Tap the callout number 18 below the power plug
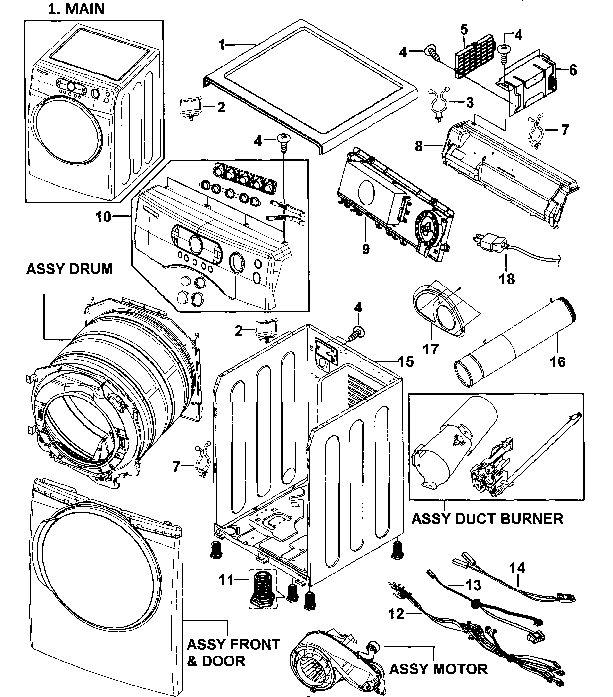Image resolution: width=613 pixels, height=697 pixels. click(x=506, y=279)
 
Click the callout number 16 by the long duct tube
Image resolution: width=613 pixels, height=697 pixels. click(x=557, y=362)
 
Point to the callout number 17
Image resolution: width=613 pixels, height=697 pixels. click(x=431, y=349)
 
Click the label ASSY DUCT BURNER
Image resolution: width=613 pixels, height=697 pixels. click(x=487, y=519)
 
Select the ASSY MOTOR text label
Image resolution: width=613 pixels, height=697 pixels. click(x=438, y=669)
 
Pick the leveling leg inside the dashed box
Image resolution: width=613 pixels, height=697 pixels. click(x=262, y=589)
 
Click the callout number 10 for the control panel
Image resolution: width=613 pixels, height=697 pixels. click(x=103, y=217)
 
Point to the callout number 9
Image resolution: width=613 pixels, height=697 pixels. click(x=365, y=249)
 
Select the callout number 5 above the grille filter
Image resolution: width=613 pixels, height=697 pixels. click(x=464, y=29)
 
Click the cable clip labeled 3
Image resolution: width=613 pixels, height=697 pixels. click(x=438, y=102)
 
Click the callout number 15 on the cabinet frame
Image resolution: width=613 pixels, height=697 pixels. click(x=406, y=361)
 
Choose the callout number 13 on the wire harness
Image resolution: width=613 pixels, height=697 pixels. click(x=473, y=585)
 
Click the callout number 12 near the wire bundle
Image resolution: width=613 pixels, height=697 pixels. click(x=396, y=614)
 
